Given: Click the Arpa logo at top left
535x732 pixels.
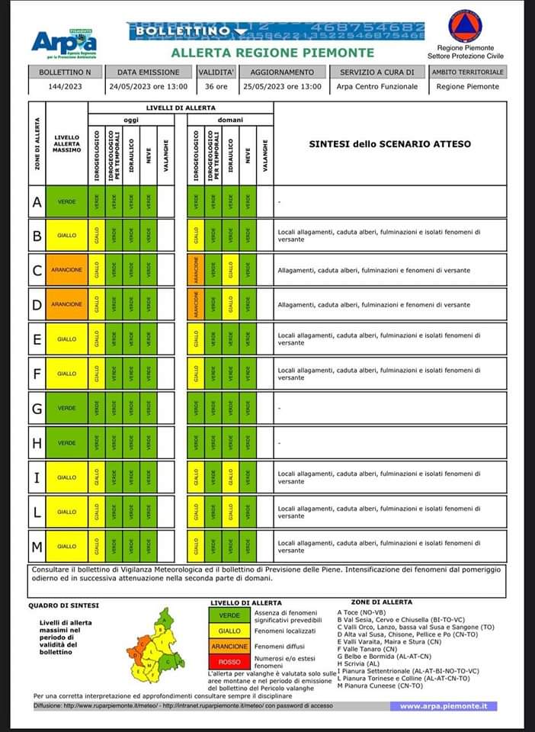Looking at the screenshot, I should click(x=64, y=44).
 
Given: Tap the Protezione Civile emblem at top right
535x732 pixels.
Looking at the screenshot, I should click(x=465, y=26).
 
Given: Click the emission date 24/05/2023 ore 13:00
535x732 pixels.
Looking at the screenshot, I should click(x=148, y=87).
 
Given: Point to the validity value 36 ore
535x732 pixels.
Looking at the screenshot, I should click(x=216, y=87).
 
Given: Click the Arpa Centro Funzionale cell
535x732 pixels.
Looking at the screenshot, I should click(x=377, y=87).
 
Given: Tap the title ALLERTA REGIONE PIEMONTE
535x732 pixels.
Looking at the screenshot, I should click(x=272, y=53).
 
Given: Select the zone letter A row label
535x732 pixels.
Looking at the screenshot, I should click(x=37, y=201).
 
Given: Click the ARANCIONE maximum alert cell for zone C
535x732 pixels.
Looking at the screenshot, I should click(x=67, y=270).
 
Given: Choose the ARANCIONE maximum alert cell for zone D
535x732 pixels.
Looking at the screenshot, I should click(x=67, y=304).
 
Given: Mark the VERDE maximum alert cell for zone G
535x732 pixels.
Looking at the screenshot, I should click(x=67, y=408).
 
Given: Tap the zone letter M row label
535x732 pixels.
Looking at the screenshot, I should click(x=37, y=546).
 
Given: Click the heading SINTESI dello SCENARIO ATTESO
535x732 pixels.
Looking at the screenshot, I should click(x=389, y=143).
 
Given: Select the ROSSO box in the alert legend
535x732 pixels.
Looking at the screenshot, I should click(x=229, y=663).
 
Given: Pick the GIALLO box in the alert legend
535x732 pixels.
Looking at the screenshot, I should click(x=229, y=631).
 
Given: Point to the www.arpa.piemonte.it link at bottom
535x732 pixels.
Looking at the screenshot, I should click(x=443, y=706).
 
